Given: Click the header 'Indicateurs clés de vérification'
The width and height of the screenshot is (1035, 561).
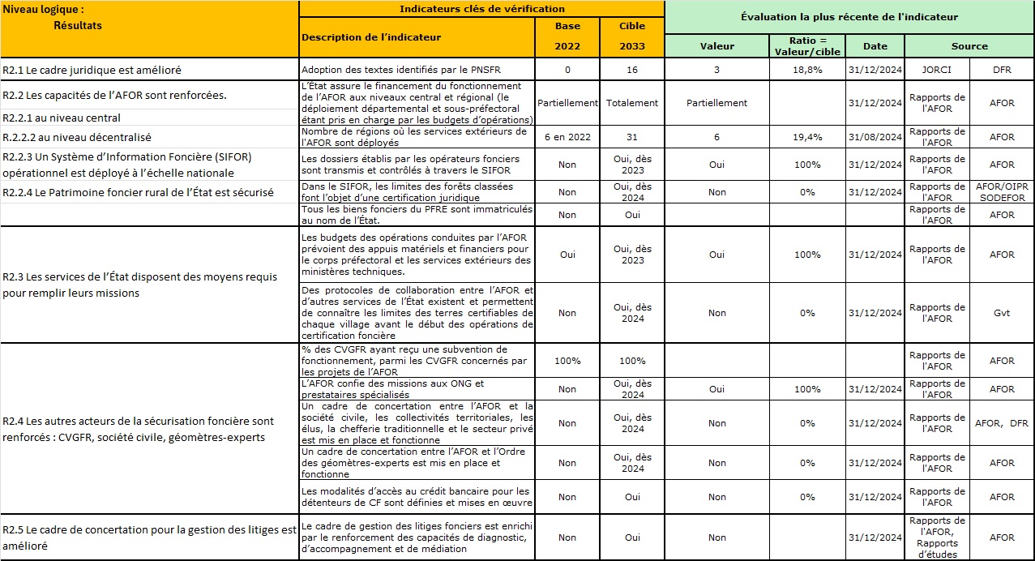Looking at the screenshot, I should pos(482,9).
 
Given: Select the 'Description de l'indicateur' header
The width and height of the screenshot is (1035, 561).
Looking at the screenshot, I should pos(371,37).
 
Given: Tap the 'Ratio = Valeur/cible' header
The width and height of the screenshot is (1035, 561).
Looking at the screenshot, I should pos(807,46).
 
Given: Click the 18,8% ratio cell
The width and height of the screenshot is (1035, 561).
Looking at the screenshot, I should pos(807,70).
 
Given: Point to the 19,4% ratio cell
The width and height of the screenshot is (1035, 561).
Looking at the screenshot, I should pos(807,138).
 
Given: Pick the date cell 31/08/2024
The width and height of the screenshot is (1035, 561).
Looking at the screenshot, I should pos(875,138).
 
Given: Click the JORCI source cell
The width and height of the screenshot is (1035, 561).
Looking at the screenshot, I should pos(937,70).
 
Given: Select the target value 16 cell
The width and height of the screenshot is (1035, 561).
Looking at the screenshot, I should pos(632,70).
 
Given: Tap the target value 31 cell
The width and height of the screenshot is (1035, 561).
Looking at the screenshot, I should pos(632,138).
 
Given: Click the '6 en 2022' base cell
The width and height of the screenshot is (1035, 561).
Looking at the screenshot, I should pos(567,138).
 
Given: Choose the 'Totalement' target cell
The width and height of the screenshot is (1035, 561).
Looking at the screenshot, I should pos(632,103).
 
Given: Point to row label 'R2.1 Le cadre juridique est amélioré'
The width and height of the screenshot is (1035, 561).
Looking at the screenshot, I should pos(92,71).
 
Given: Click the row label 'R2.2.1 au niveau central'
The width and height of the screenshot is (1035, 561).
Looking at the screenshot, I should pos(62,118).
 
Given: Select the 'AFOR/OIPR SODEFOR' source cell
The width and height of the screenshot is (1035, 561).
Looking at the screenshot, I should pos(1002,192).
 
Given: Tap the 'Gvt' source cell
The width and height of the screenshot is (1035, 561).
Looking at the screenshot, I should pos(1002,313).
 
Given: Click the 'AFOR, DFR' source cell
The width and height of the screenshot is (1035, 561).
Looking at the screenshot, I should pos(1002,423).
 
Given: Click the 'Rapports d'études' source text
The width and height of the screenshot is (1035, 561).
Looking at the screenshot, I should pos(937,549).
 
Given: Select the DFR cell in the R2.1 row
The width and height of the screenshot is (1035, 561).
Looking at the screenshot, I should pos(1002,70).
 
